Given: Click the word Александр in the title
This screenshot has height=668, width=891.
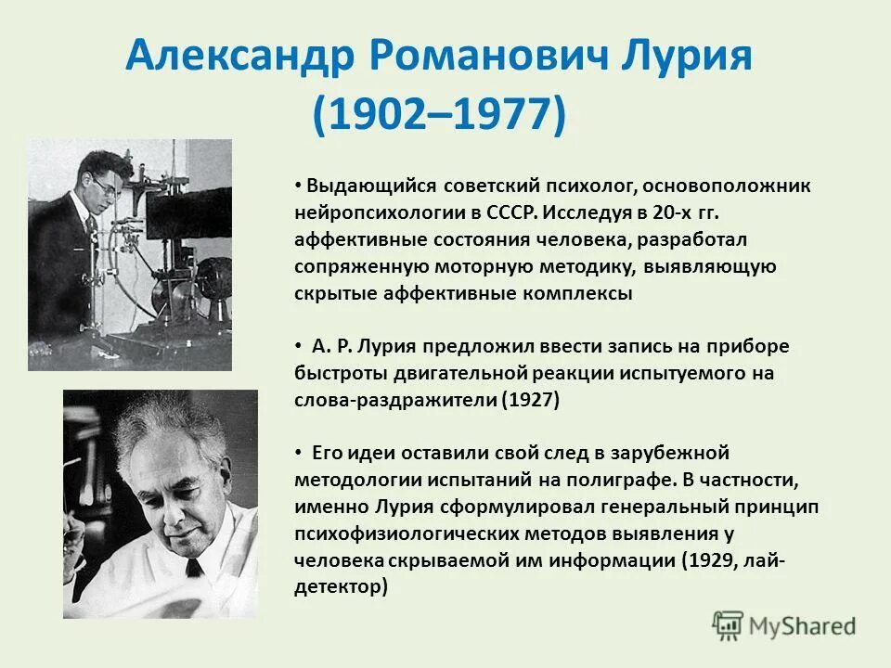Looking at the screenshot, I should tap(237, 58).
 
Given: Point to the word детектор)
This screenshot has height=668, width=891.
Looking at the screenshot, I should tap(340, 587).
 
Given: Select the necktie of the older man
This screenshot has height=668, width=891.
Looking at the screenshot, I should tap(194, 567).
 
